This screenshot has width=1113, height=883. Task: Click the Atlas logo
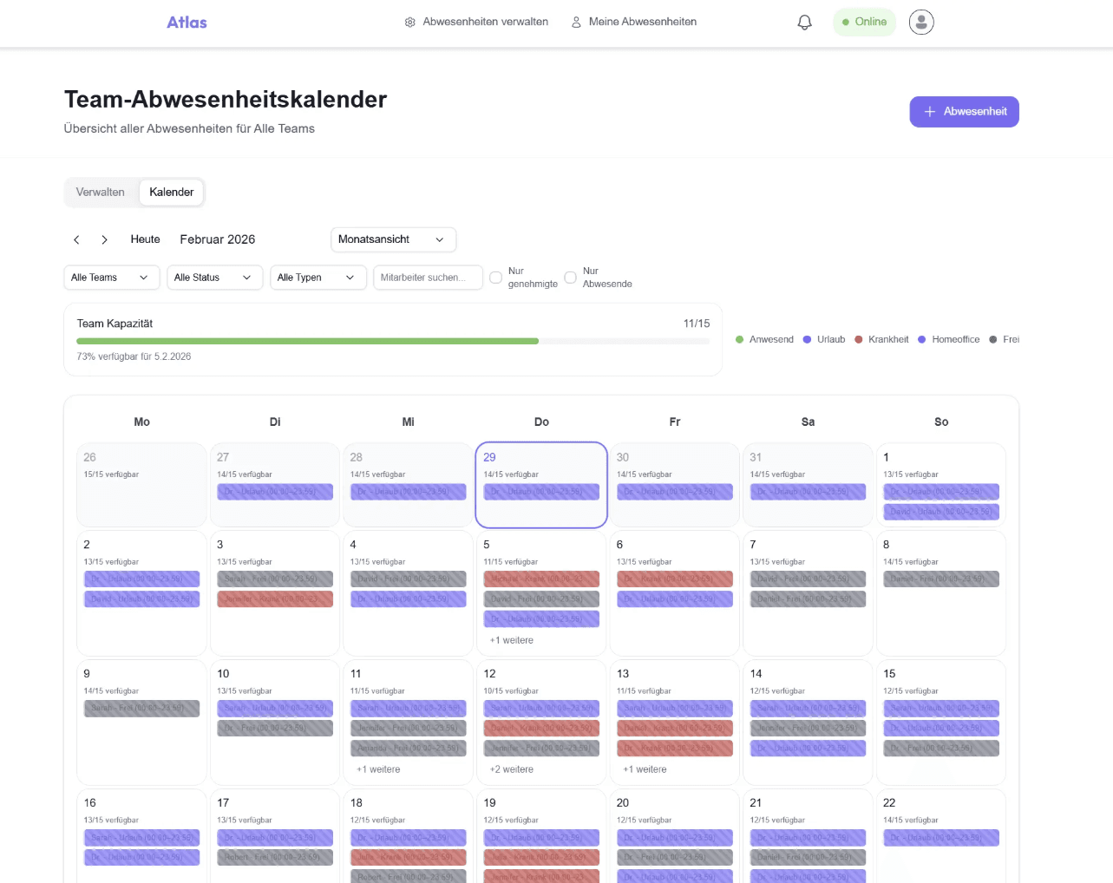click(187, 23)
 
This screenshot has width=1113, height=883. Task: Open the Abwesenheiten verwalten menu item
click(476, 22)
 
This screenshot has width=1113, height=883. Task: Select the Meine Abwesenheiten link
click(634, 22)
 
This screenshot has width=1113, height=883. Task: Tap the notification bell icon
click(804, 23)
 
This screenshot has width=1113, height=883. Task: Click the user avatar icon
click(921, 23)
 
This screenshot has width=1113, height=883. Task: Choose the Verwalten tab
click(101, 193)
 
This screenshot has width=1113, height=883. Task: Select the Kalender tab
click(171, 193)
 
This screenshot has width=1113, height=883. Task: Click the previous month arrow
click(76, 239)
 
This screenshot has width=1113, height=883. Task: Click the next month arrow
click(104, 239)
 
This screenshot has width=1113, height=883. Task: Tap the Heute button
click(145, 239)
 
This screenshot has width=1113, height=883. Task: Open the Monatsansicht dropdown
click(393, 239)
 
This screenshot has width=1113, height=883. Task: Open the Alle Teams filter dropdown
click(111, 278)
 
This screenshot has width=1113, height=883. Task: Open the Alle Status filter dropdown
click(214, 278)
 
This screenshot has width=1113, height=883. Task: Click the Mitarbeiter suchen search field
click(427, 278)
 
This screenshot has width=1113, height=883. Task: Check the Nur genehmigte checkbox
click(496, 278)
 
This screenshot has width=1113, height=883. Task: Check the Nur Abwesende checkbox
click(571, 278)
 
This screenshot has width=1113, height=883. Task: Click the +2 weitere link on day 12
click(512, 769)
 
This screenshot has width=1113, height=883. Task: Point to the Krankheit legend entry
click(882, 339)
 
